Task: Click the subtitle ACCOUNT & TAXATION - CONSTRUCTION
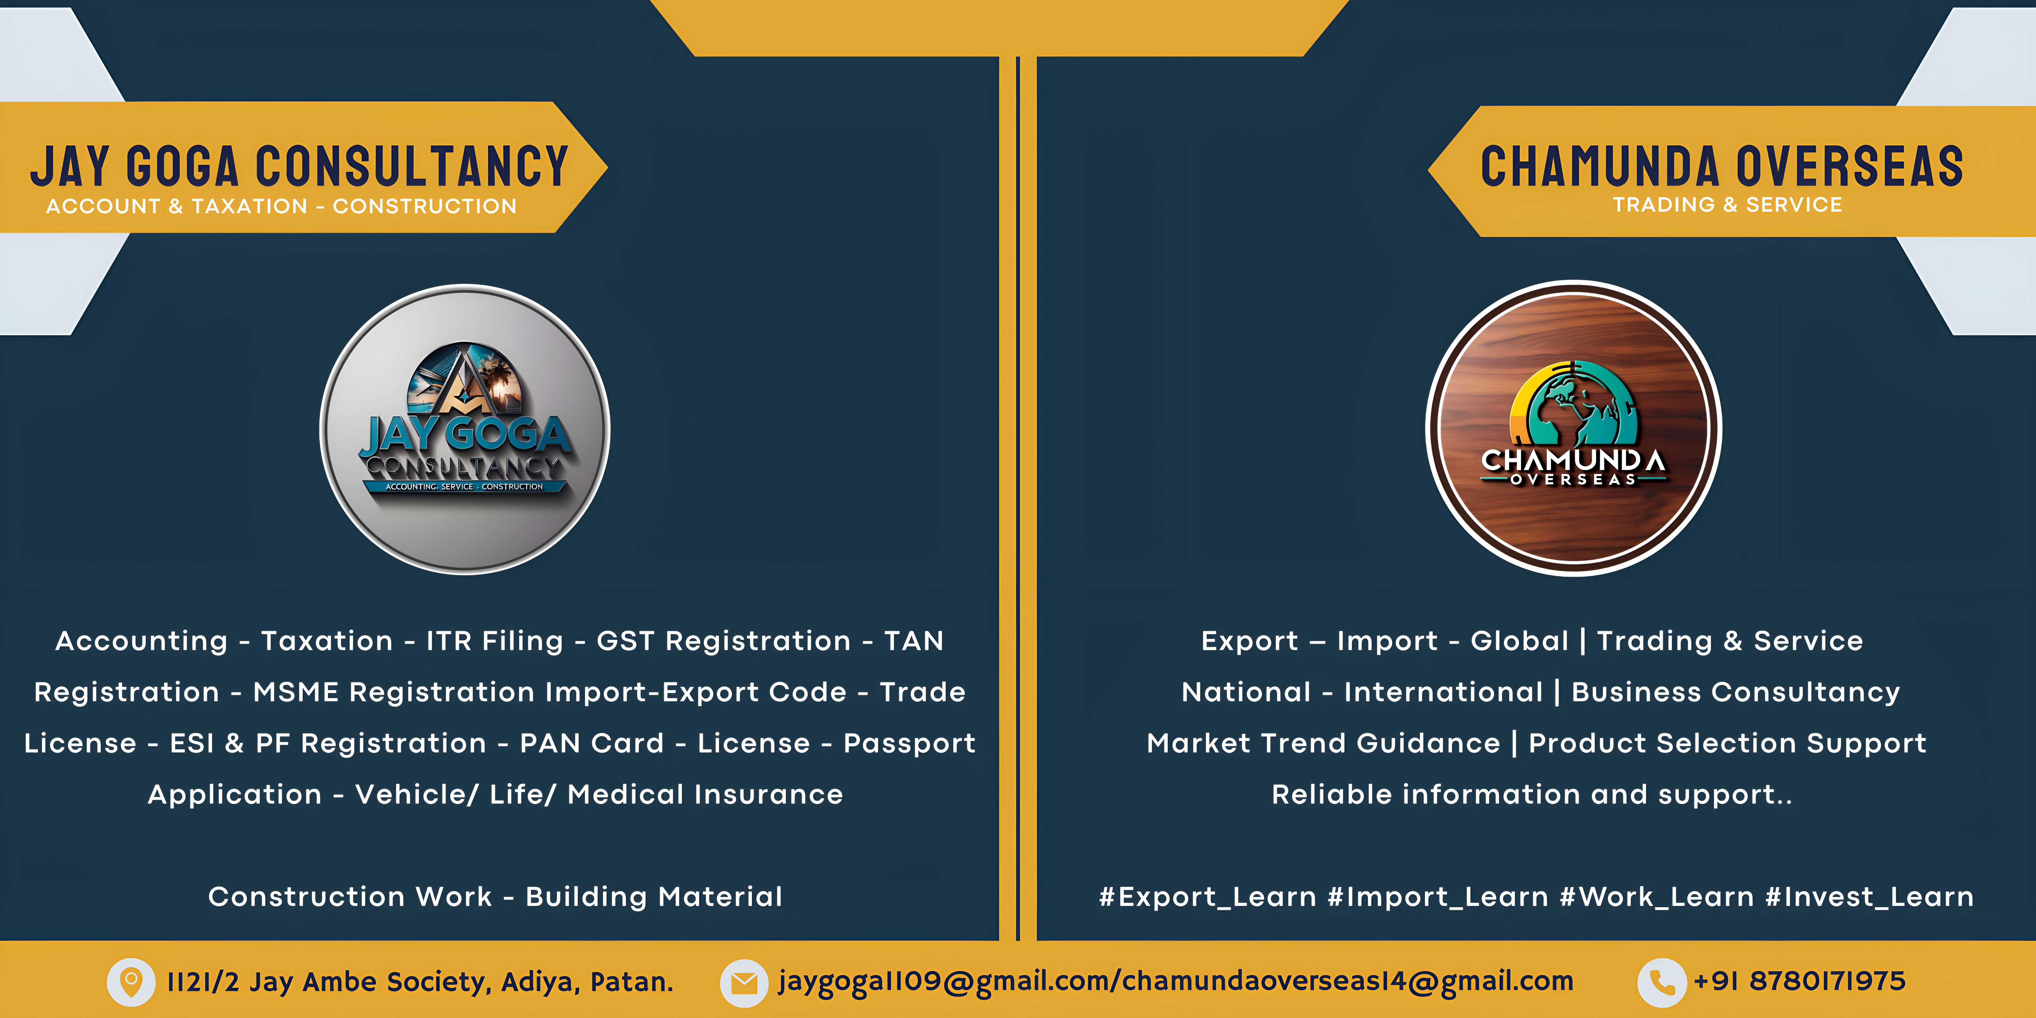coord(281,206)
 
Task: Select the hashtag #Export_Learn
coord(1208,897)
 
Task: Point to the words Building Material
coord(654,897)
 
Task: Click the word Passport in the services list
coord(910,744)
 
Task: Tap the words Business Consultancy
coord(1736,692)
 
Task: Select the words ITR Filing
coord(495,641)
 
